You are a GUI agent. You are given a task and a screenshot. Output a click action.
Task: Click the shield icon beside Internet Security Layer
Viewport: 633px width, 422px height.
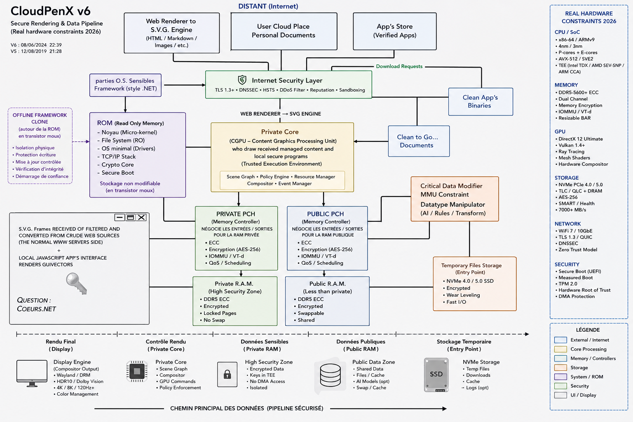(242, 80)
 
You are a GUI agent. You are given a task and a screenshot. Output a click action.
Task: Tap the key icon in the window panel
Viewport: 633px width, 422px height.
(76, 283)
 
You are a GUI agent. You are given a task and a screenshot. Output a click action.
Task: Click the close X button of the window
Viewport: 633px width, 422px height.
(141, 217)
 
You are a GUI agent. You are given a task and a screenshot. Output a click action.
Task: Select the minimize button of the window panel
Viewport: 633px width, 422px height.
(120, 217)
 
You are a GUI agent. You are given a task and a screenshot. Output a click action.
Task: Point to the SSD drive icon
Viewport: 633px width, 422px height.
(436, 375)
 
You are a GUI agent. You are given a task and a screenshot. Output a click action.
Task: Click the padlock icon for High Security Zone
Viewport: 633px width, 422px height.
(227, 374)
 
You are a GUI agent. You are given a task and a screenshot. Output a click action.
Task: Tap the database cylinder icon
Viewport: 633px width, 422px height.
(330, 375)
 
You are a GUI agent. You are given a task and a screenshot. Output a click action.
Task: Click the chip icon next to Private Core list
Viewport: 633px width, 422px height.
(137, 371)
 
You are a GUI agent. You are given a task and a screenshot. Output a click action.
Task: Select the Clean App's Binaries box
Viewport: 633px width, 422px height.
(481, 102)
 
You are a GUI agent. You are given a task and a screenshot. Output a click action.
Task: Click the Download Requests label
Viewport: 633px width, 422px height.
(399, 66)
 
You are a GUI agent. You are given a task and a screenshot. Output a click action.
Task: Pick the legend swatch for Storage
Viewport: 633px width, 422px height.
(560, 368)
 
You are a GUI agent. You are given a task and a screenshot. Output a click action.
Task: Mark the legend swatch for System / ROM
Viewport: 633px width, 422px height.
(560, 377)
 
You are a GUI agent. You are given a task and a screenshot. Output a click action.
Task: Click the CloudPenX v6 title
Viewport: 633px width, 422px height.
(51, 11)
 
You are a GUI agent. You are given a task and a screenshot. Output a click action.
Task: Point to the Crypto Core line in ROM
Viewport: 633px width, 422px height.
(115, 164)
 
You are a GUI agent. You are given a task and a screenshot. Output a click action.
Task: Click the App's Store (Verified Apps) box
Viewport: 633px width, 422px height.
(394, 31)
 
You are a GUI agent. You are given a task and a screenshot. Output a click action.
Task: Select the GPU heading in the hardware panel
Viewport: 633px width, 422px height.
(560, 131)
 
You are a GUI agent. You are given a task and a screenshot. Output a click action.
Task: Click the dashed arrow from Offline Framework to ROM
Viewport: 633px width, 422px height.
(81, 141)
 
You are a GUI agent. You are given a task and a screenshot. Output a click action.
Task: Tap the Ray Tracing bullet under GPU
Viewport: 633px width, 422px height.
(570, 152)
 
